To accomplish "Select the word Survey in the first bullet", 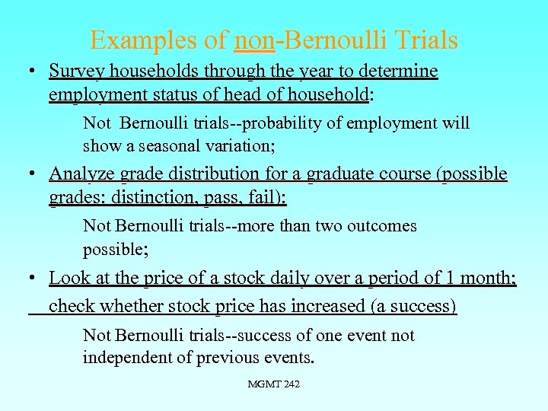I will (73, 71).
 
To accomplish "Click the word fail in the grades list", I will (267, 198).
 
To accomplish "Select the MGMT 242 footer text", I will (273, 384).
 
